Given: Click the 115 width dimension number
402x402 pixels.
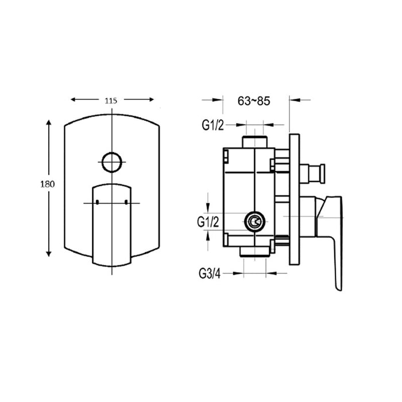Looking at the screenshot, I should click(111, 100).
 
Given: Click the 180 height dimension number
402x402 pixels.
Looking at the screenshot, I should click(48, 185).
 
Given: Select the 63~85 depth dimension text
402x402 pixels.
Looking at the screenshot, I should click(254, 100).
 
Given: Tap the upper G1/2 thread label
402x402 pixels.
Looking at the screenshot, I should click(213, 126).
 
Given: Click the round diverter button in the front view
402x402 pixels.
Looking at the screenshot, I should click(111, 161).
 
